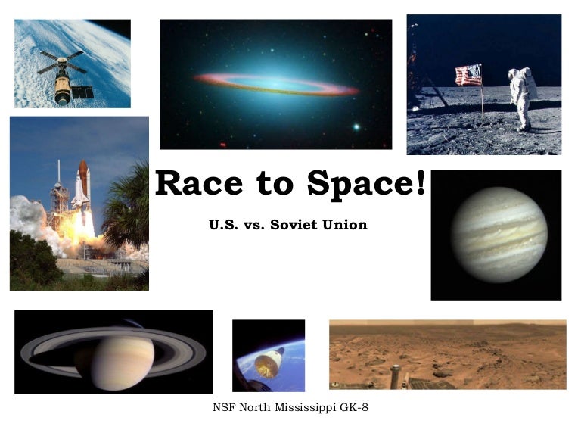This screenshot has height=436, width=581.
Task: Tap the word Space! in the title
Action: click(x=366, y=184)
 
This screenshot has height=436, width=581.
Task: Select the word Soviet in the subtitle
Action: click(x=297, y=225)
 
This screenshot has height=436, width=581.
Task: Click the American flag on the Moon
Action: click(x=469, y=74)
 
